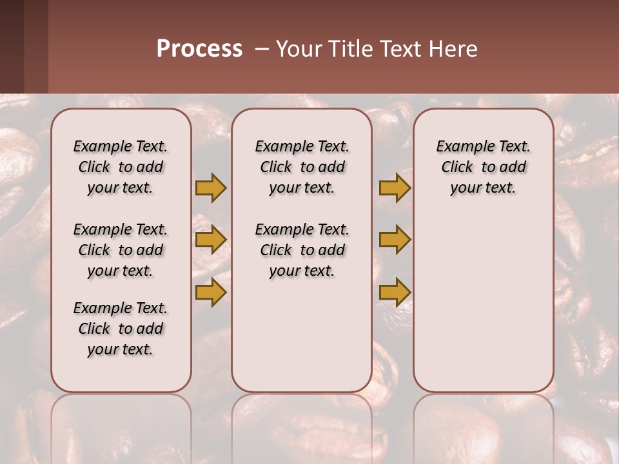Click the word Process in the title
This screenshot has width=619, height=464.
point(199,49)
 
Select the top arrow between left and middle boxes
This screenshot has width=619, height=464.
point(211,188)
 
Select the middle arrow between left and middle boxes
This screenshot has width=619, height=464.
point(211,240)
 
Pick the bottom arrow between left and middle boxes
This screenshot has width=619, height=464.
point(211,292)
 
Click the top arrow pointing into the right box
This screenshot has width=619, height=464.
point(395,188)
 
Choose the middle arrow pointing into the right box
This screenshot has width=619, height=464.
point(395,240)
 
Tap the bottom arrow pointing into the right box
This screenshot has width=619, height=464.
point(395,292)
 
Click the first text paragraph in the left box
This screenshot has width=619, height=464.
point(121,167)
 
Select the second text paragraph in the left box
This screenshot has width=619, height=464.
point(121,250)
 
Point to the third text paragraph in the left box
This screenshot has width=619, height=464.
point(121,329)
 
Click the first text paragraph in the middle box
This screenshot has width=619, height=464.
point(302,167)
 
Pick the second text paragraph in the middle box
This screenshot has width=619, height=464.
point(302,250)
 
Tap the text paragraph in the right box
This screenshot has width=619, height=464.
point(483,167)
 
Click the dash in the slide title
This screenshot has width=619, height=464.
point(260,49)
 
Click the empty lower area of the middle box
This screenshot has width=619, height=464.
point(302,335)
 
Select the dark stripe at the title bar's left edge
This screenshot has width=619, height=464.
point(12,46)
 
